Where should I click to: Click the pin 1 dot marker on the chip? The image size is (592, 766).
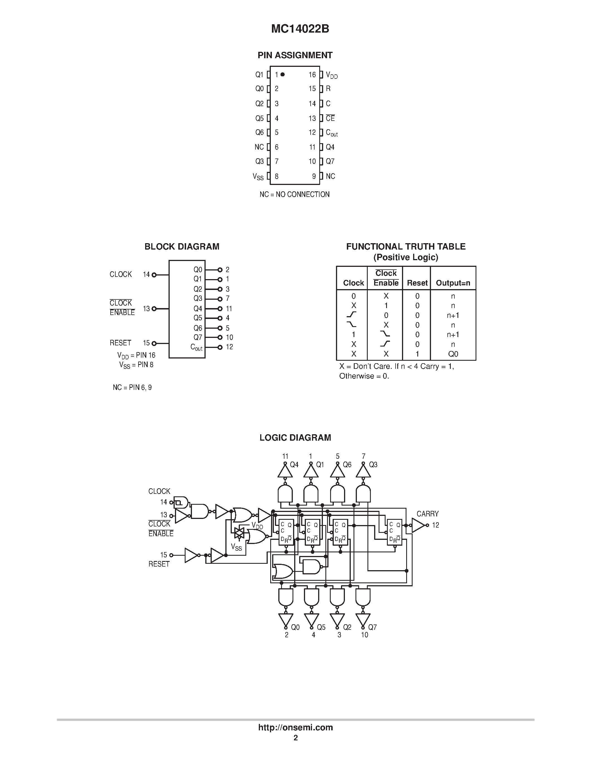[283, 74]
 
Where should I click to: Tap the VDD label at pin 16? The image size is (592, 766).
[332, 75]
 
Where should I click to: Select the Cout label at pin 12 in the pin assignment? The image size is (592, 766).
[332, 133]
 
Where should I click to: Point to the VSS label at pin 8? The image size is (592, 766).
[258, 177]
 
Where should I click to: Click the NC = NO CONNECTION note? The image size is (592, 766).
[294, 194]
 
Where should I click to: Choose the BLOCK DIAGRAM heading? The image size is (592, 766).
[182, 247]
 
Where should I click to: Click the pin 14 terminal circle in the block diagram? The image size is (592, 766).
[154, 275]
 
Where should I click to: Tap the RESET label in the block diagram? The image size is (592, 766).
[120, 343]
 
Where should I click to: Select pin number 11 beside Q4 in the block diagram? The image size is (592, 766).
[229, 309]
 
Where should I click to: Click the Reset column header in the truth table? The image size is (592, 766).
[417, 283]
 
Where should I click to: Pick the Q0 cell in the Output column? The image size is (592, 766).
[453, 354]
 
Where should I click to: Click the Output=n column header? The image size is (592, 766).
[453, 283]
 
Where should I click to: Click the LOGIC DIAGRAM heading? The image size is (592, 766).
[295, 438]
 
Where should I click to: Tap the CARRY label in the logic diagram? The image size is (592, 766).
[428, 514]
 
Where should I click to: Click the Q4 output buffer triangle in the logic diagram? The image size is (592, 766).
[285, 472]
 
